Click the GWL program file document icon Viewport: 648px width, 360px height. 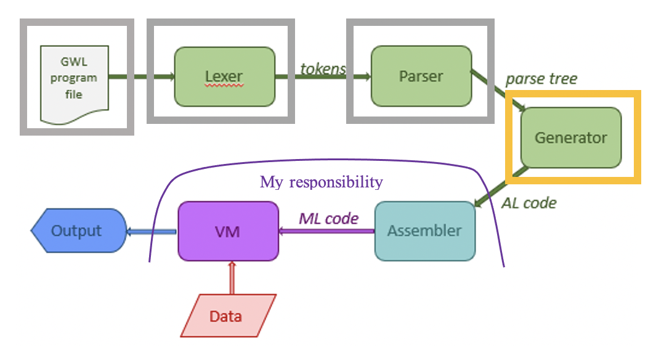pyautogui.click(x=74, y=83)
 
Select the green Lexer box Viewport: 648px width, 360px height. pyautogui.click(x=225, y=76)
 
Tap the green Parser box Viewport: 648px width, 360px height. pyautogui.click(x=421, y=76)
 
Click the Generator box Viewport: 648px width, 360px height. pyautogui.click(x=570, y=138)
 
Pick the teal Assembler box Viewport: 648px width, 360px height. pyautogui.click(x=425, y=231)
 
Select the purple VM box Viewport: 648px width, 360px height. pyautogui.click(x=227, y=231)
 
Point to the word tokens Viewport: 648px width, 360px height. pyautogui.click(x=323, y=68)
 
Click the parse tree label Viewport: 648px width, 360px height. pyautogui.click(x=541, y=79)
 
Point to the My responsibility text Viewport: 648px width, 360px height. pyautogui.click(x=321, y=182)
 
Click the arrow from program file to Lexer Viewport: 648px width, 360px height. pyautogui.click(x=142, y=77)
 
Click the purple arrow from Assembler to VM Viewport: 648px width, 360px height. pyautogui.click(x=326, y=232)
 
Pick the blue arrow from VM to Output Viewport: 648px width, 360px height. pyautogui.click(x=152, y=232)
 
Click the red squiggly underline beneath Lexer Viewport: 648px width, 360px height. pyautogui.click(x=224, y=87)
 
